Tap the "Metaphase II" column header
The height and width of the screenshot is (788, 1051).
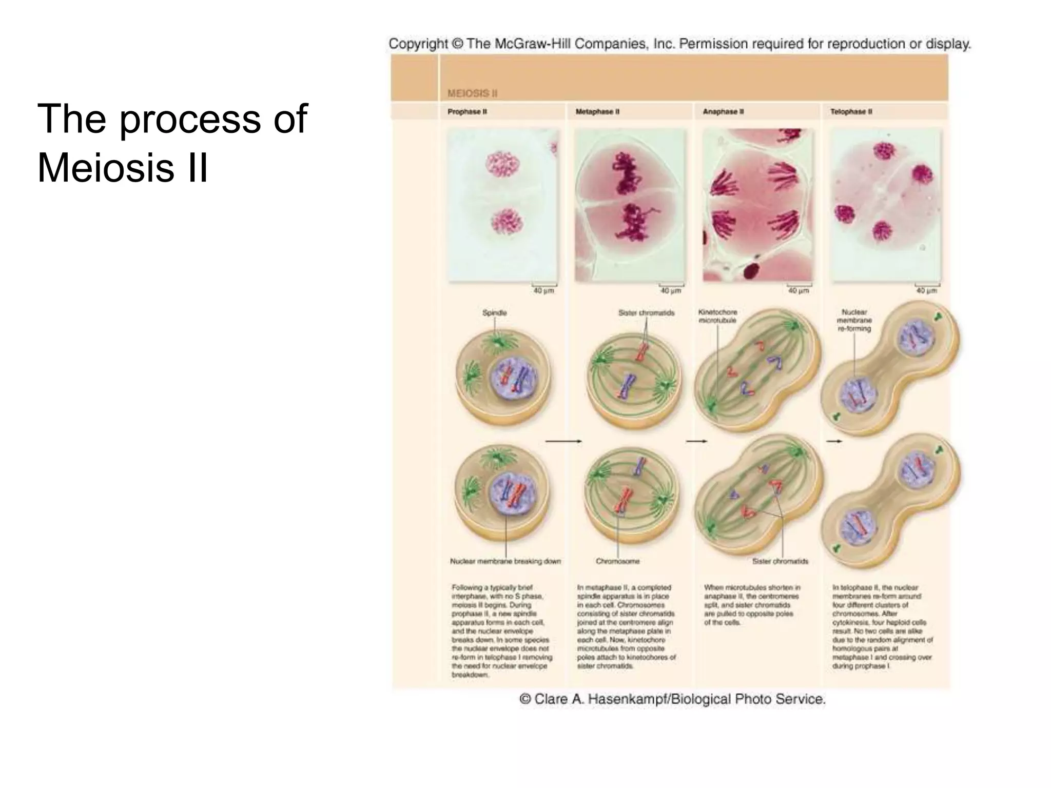(597, 111)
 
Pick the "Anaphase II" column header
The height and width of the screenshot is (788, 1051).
(723, 111)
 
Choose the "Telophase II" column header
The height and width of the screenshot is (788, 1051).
(851, 111)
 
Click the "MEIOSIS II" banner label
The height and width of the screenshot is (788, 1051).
(472, 93)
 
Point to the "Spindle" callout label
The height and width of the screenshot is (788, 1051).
(494, 312)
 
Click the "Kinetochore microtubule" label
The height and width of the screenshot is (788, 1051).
(717, 316)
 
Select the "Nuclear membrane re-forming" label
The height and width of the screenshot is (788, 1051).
(854, 320)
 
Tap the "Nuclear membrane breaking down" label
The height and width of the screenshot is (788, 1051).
(505, 561)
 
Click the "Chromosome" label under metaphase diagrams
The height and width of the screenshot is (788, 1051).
(617, 561)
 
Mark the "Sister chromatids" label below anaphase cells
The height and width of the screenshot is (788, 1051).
(780, 561)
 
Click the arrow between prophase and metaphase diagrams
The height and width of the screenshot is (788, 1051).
(563, 441)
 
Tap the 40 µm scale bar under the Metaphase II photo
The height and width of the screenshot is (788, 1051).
(671, 286)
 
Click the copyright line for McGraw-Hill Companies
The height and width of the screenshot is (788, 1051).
(679, 44)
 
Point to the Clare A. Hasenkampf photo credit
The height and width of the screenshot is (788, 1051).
(672, 699)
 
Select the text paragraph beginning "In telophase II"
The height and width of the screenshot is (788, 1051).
(882, 626)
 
